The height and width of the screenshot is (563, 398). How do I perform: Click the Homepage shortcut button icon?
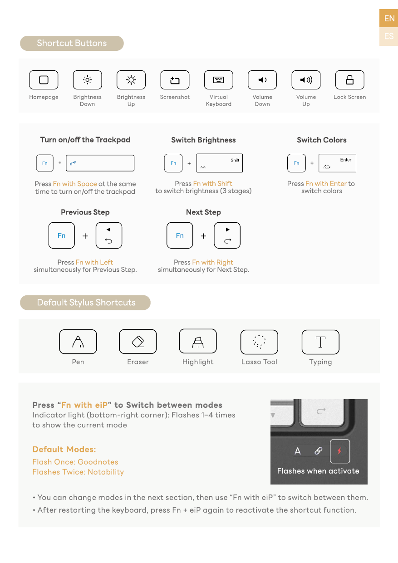(x=44, y=80)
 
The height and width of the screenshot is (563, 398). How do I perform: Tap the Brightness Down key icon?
(x=87, y=80)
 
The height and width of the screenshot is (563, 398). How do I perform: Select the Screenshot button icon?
(x=175, y=80)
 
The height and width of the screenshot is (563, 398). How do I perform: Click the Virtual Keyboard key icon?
(x=218, y=80)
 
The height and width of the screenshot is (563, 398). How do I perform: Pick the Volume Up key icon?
(x=306, y=80)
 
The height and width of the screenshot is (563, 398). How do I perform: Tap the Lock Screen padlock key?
(x=349, y=80)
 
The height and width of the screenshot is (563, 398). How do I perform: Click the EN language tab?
(x=389, y=19)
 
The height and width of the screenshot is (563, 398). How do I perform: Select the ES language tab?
(x=389, y=36)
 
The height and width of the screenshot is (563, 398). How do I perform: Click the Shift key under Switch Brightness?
(x=219, y=163)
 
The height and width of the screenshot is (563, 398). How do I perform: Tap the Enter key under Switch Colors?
(x=337, y=163)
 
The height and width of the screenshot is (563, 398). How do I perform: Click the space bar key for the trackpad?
(x=100, y=163)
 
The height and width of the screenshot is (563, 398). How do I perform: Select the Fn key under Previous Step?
(x=61, y=235)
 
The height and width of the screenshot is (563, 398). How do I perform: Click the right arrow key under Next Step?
(x=227, y=235)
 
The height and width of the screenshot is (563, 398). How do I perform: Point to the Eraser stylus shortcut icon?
(x=138, y=342)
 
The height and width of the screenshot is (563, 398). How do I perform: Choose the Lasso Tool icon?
(x=259, y=342)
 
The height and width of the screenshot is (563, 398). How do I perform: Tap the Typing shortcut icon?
(x=320, y=342)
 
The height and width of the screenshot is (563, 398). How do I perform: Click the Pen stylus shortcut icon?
(x=78, y=342)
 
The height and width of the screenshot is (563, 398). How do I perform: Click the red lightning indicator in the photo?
(x=339, y=451)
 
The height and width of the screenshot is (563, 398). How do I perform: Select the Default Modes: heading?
(x=64, y=450)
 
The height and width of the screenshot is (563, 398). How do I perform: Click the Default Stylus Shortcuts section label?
(x=86, y=303)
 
